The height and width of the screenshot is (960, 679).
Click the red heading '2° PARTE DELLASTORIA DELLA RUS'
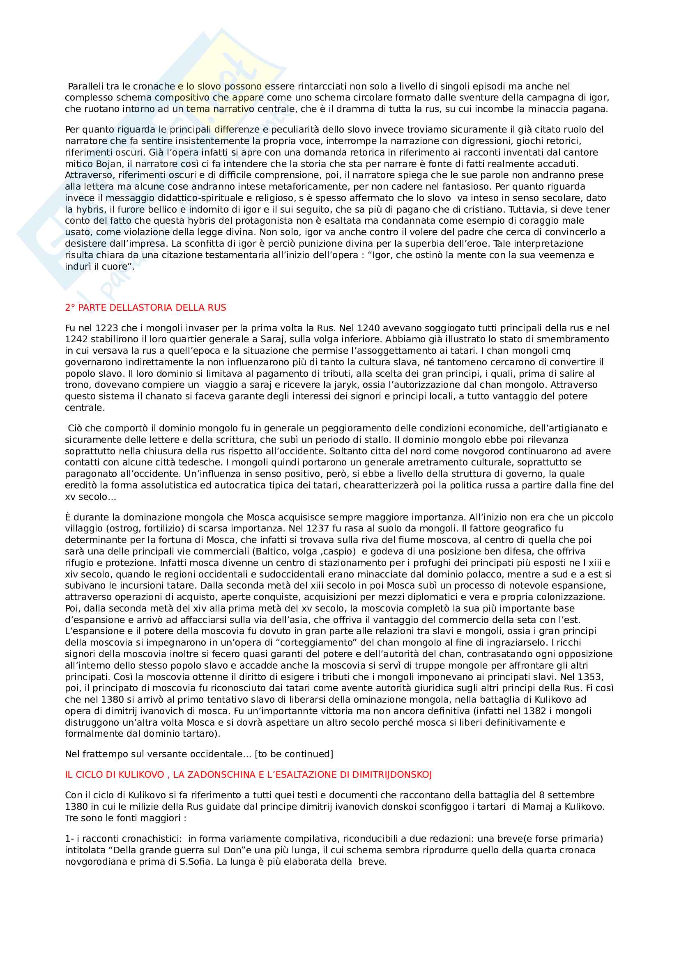[145, 308]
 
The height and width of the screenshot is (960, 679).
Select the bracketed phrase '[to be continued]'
[294, 754]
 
